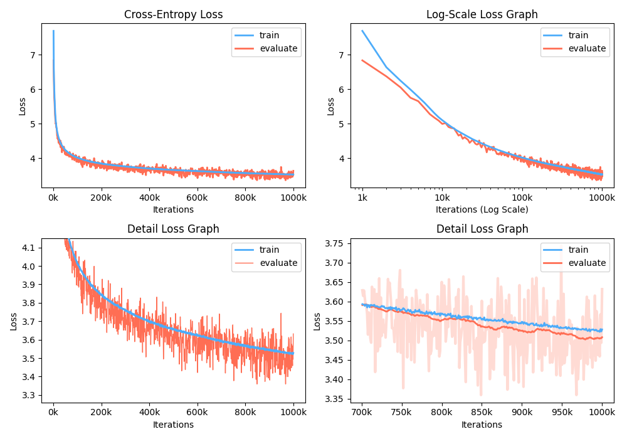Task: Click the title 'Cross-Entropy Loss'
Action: point(174,14)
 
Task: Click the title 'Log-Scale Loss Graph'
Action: point(482,14)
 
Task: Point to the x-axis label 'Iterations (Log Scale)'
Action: point(482,209)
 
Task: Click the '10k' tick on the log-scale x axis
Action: point(441,198)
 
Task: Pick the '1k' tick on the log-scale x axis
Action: point(362,198)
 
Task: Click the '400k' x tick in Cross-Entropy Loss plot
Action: point(149,198)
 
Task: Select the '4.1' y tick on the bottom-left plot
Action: point(28,248)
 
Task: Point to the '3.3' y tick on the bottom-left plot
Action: point(28,395)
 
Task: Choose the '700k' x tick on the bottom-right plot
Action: point(362,413)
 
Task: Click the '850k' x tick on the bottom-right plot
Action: point(482,413)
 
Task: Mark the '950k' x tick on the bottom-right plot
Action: point(562,413)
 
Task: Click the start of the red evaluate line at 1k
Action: point(362,60)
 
